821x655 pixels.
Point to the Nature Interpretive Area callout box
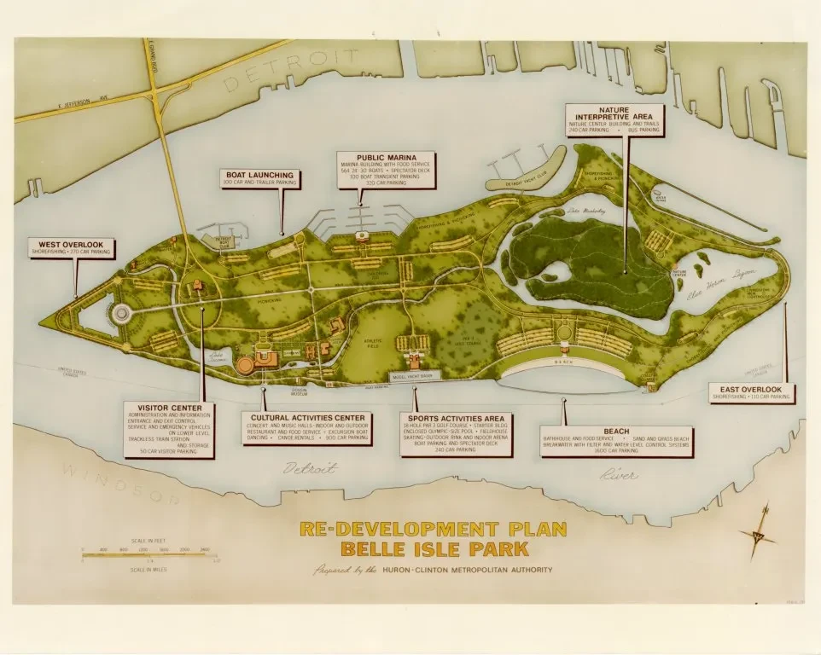614,120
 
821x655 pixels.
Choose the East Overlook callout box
752,393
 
